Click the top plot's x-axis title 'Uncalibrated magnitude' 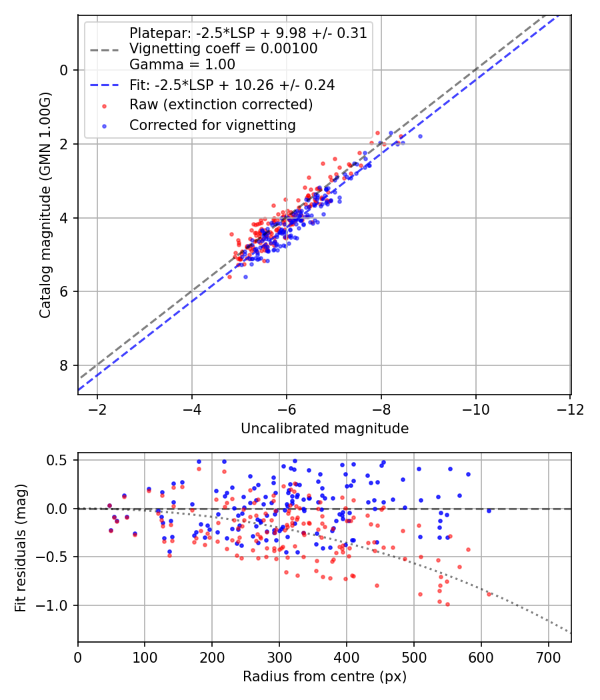[324, 428]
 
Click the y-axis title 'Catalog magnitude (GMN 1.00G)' [45, 205]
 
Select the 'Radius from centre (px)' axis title [324, 677]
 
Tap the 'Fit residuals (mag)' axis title [20, 548]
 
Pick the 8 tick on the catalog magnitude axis [64, 365]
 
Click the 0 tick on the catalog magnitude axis [64, 70]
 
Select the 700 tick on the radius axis [548, 657]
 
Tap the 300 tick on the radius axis [279, 657]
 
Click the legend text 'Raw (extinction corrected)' [221, 105]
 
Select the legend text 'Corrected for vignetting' [212, 125]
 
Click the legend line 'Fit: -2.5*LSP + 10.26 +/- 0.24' [103, 85]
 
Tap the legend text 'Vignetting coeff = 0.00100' [223, 49]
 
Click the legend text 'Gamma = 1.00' [182, 65]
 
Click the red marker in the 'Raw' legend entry [104, 105]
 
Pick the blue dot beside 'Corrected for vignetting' [104, 125]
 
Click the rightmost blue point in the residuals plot [489, 511]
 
